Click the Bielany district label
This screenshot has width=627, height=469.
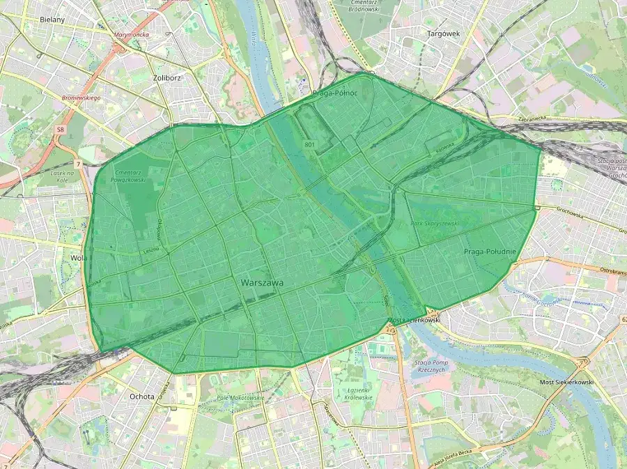[x=52, y=20]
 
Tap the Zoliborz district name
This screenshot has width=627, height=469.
[x=167, y=78]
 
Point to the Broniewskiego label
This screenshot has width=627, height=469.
[x=82, y=98]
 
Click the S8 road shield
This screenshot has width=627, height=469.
[x=61, y=130]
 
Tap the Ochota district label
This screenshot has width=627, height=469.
[x=141, y=397]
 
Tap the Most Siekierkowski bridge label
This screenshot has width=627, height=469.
[x=566, y=383]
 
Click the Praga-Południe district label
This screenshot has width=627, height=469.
[x=490, y=252]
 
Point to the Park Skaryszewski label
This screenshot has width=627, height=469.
[x=435, y=224]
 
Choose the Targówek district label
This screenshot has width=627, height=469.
[x=444, y=33]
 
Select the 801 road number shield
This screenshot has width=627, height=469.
[x=309, y=144]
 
